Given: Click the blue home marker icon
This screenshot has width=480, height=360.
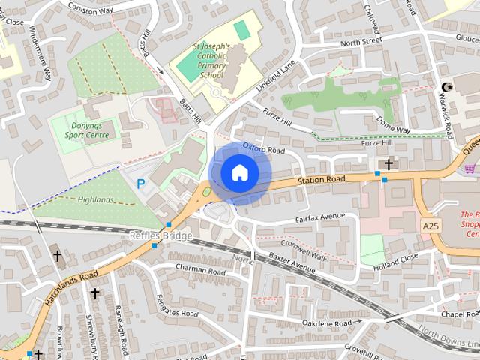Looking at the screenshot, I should (239, 172).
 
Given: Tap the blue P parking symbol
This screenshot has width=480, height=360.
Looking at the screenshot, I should (140, 183).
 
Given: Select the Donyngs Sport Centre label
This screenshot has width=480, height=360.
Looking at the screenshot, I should (86, 130).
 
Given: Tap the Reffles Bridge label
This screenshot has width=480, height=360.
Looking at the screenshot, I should (160, 235).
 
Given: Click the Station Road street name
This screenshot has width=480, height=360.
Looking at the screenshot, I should (321, 179).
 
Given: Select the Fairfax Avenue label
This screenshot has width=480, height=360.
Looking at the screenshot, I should (320, 217).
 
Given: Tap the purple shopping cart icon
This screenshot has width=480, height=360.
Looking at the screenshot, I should (469, 169).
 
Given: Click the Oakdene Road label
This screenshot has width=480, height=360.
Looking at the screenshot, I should (326, 322).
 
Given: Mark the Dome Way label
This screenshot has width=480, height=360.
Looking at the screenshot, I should (393, 124).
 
